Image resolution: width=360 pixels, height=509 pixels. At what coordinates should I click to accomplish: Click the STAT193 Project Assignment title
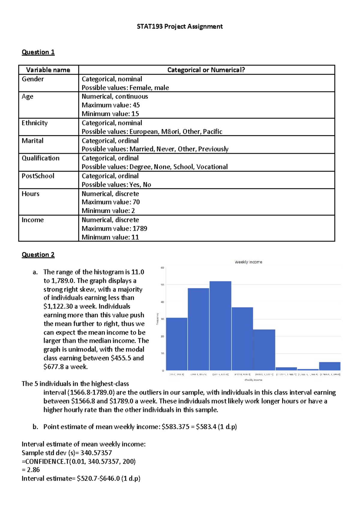[x=179, y=26]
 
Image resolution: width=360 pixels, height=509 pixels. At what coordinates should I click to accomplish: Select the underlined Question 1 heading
[x=38, y=52]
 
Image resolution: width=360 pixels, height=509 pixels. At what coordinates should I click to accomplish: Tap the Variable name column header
[x=48, y=70]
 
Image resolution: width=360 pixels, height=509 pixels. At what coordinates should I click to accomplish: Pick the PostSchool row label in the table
[x=38, y=176]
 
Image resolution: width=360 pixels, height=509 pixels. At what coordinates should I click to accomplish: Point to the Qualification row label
[x=40, y=158]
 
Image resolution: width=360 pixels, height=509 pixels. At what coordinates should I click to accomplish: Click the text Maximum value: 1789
[x=114, y=229]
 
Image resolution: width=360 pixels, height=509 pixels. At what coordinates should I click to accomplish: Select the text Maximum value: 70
[x=111, y=202]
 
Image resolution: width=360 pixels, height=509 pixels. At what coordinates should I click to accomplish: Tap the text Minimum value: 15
[x=110, y=114]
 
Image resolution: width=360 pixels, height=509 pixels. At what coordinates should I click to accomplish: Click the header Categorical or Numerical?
[x=206, y=70]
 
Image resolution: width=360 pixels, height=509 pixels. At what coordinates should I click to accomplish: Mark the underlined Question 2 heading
[x=38, y=255]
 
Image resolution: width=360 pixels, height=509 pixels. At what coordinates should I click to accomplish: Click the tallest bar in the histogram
[x=220, y=325]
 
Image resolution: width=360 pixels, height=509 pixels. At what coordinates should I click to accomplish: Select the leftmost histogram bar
[x=177, y=344]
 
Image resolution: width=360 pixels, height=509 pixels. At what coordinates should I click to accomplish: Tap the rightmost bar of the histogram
[x=329, y=366]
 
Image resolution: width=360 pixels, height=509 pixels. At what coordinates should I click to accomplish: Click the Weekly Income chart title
[x=248, y=262]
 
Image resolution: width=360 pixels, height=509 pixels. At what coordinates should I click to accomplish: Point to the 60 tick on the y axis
[x=162, y=268]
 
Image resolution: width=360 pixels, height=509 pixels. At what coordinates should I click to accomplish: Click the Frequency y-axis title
[x=157, y=319]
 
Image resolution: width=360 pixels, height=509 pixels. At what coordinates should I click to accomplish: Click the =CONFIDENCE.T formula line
[x=79, y=461]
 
